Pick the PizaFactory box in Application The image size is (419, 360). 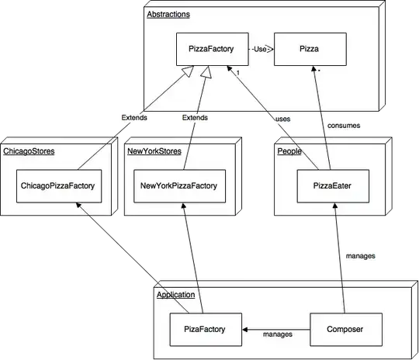coord(206,329)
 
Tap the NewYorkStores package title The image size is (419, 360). coord(154,151)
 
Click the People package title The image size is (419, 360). coord(289,151)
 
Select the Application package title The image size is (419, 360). coord(175,295)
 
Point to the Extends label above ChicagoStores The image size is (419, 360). coord(134,118)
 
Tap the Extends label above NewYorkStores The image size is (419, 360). coord(194,118)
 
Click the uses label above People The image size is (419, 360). coord(282,119)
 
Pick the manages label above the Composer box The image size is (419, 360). coord(359,254)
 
